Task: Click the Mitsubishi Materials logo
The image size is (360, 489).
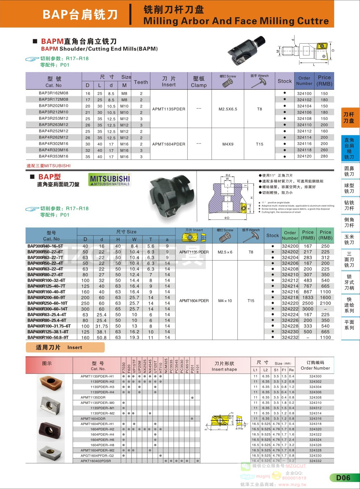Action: click(110, 180)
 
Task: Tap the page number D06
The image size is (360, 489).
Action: click(343, 478)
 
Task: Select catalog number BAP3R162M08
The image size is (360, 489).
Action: click(53, 93)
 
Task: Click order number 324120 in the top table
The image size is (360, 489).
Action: click(304, 156)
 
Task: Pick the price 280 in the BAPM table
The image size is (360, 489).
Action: click(324, 156)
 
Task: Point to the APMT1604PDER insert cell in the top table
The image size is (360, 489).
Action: click(169, 144)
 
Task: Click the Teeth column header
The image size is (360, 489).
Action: click(141, 82)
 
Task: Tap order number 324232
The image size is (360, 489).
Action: click(290, 337)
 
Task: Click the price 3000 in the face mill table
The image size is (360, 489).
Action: click(308, 309)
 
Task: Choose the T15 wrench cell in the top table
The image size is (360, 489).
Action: click(260, 144)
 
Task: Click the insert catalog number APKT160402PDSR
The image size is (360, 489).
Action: click(96, 461)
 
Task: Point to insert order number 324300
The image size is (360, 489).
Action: click(315, 376)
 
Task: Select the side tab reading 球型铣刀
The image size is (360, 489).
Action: click(349, 188)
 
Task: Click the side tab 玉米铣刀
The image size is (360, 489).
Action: click(349, 239)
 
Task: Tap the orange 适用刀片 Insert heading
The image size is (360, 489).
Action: click(65, 348)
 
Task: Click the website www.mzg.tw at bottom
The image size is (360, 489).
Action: click(292, 484)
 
